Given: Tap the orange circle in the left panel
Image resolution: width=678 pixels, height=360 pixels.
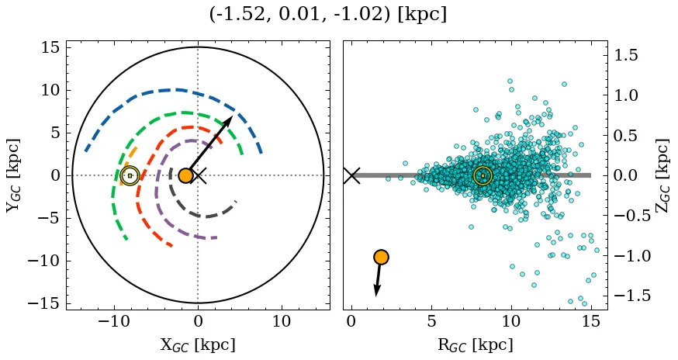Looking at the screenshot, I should [185, 175].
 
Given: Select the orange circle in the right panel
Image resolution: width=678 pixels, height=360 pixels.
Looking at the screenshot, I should [381, 257].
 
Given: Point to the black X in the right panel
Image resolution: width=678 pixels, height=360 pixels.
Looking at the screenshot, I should [351, 175].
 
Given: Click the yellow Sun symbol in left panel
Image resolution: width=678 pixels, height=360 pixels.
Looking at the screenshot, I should [130, 175].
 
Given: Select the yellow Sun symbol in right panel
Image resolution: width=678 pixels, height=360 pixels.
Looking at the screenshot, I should [483, 176].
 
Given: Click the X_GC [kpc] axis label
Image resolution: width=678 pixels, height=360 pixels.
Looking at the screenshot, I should [198, 344].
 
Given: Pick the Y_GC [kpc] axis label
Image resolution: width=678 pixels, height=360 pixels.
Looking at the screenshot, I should [13, 175].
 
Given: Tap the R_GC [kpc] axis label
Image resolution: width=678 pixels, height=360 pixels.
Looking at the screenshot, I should [476, 344].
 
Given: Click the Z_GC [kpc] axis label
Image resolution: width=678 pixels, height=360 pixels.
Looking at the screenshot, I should [662, 175].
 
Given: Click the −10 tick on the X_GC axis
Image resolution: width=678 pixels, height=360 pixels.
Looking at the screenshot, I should [115, 321].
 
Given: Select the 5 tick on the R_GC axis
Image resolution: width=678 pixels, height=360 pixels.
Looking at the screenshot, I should [431, 321].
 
